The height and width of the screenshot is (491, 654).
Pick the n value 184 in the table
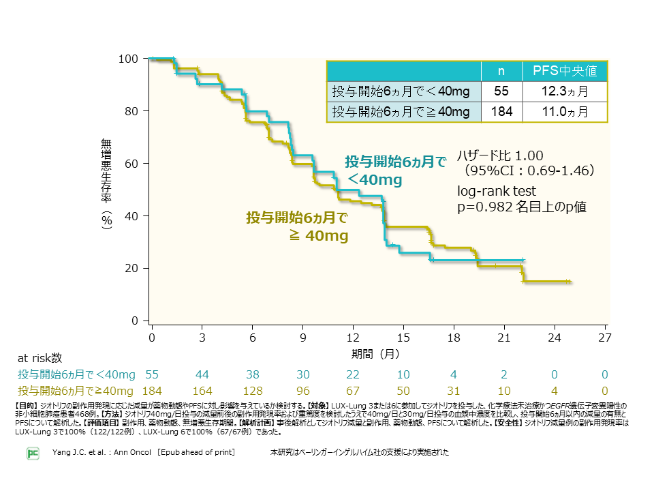501,112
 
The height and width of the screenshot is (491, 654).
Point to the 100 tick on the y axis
129,59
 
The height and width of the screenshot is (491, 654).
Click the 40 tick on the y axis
131,216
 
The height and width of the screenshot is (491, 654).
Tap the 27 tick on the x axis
604,338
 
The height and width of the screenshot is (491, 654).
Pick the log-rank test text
497,191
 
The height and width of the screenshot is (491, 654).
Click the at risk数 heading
40,357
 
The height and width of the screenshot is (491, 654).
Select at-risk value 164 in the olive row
202,390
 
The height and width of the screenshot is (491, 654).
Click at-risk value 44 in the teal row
202,374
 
